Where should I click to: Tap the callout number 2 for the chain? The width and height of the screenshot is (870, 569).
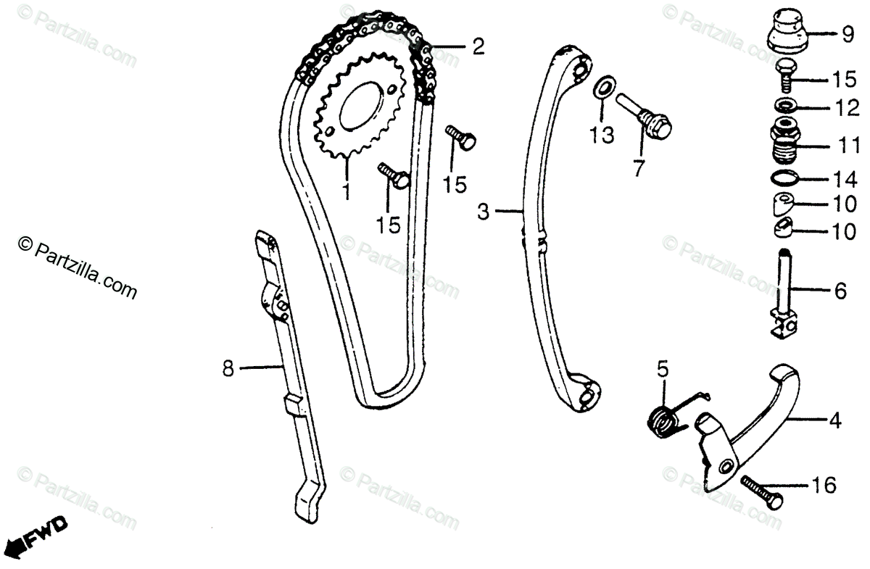(x=478, y=48)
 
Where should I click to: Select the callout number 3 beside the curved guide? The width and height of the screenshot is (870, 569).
(x=484, y=212)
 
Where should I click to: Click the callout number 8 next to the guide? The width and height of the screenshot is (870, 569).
(x=228, y=370)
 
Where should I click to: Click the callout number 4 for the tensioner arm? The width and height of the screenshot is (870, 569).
(x=837, y=419)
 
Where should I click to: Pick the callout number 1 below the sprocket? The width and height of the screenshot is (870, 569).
(x=346, y=191)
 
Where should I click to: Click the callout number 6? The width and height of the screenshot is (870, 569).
(x=840, y=291)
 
